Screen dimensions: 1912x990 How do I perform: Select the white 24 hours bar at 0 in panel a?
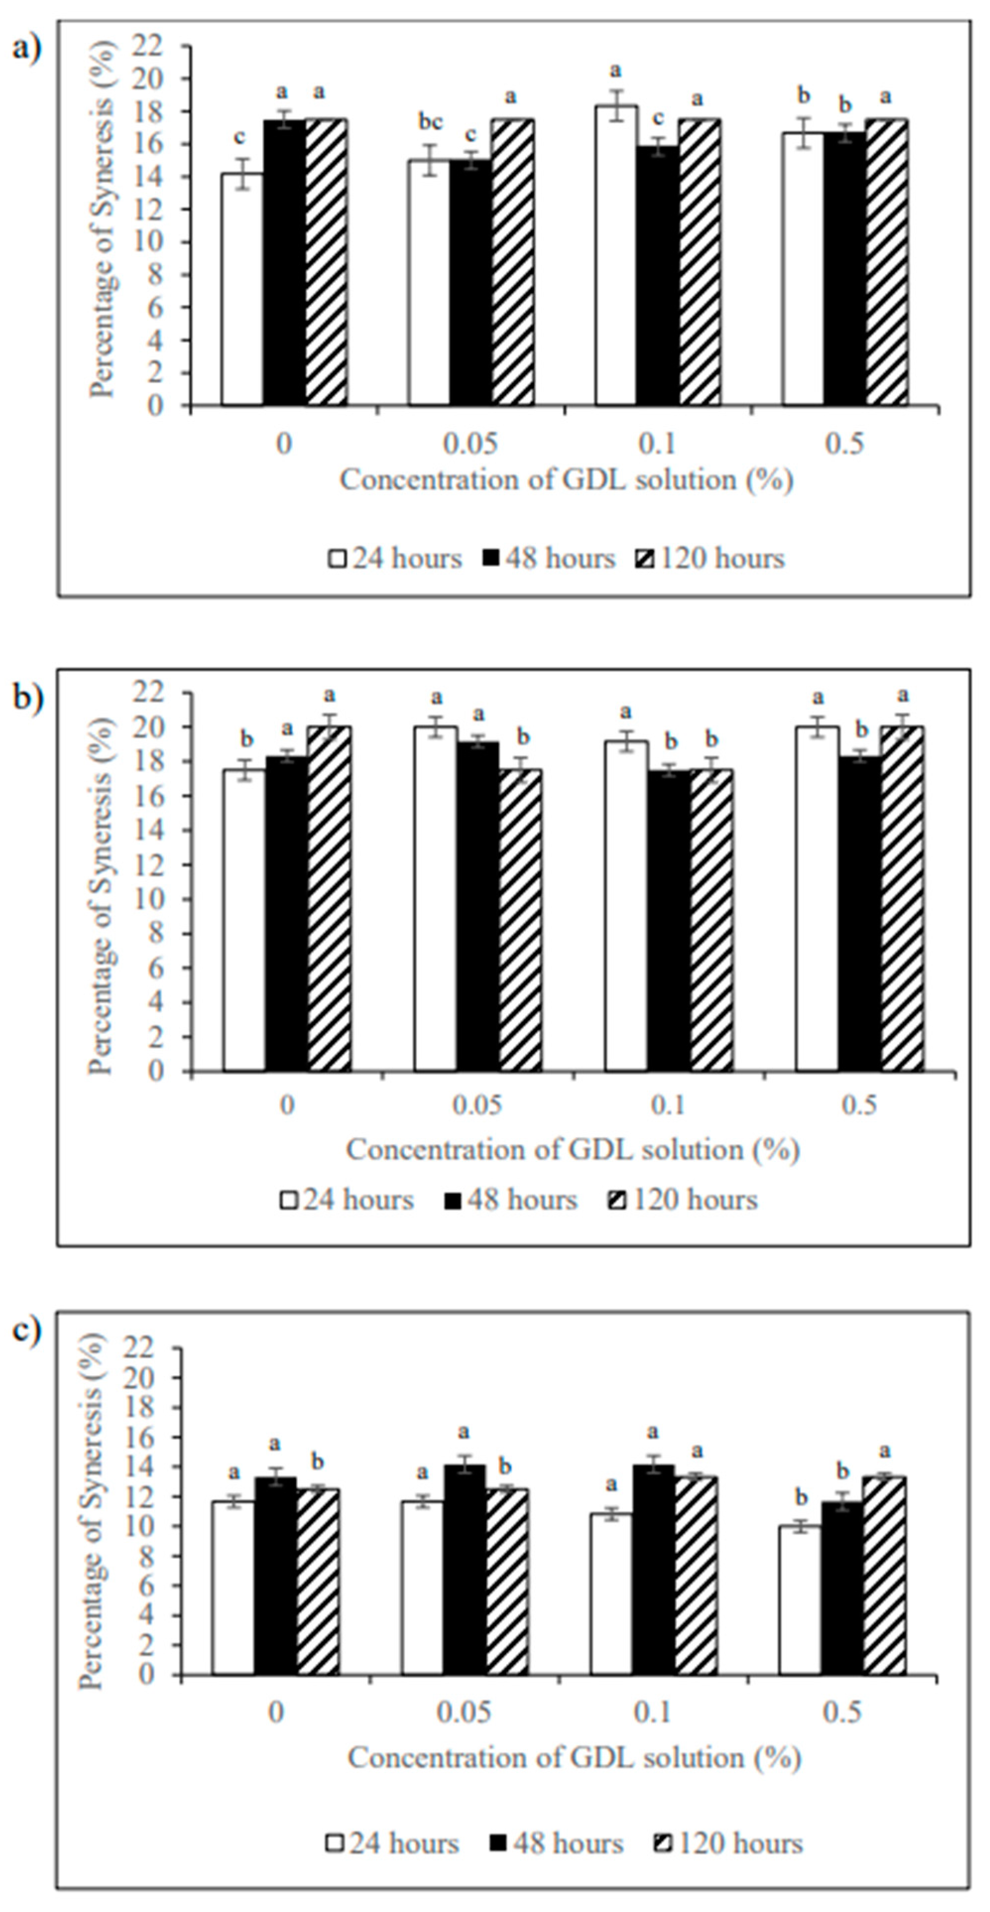click(242, 290)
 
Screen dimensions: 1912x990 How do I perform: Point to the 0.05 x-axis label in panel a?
click(470, 444)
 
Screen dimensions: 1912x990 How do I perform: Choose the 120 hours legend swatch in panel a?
click(645, 559)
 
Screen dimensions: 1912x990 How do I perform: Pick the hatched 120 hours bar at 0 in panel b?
click(330, 899)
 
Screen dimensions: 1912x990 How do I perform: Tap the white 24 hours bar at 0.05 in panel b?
click(436, 899)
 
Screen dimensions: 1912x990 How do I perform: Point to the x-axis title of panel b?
click(572, 1150)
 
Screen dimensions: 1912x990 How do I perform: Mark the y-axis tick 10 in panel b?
click(167, 899)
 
